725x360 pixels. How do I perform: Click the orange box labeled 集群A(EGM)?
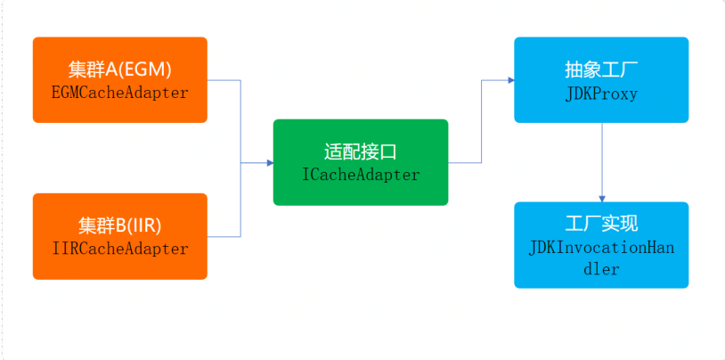(x=119, y=79)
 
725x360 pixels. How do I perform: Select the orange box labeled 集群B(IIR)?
(x=119, y=236)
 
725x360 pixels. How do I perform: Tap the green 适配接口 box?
(x=361, y=162)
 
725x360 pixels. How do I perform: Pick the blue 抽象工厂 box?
(x=601, y=79)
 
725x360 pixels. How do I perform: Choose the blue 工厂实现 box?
(x=601, y=245)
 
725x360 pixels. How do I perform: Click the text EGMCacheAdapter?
(x=119, y=92)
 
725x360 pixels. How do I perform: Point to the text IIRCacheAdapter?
(x=119, y=249)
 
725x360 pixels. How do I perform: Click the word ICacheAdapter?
(x=361, y=175)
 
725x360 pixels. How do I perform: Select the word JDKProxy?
(x=601, y=93)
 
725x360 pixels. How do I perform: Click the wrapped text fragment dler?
(x=601, y=268)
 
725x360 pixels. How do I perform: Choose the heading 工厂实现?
(x=601, y=224)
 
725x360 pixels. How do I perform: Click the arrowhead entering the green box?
(x=269, y=163)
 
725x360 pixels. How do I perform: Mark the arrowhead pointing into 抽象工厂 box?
(x=510, y=80)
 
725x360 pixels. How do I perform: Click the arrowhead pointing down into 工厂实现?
(x=602, y=198)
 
